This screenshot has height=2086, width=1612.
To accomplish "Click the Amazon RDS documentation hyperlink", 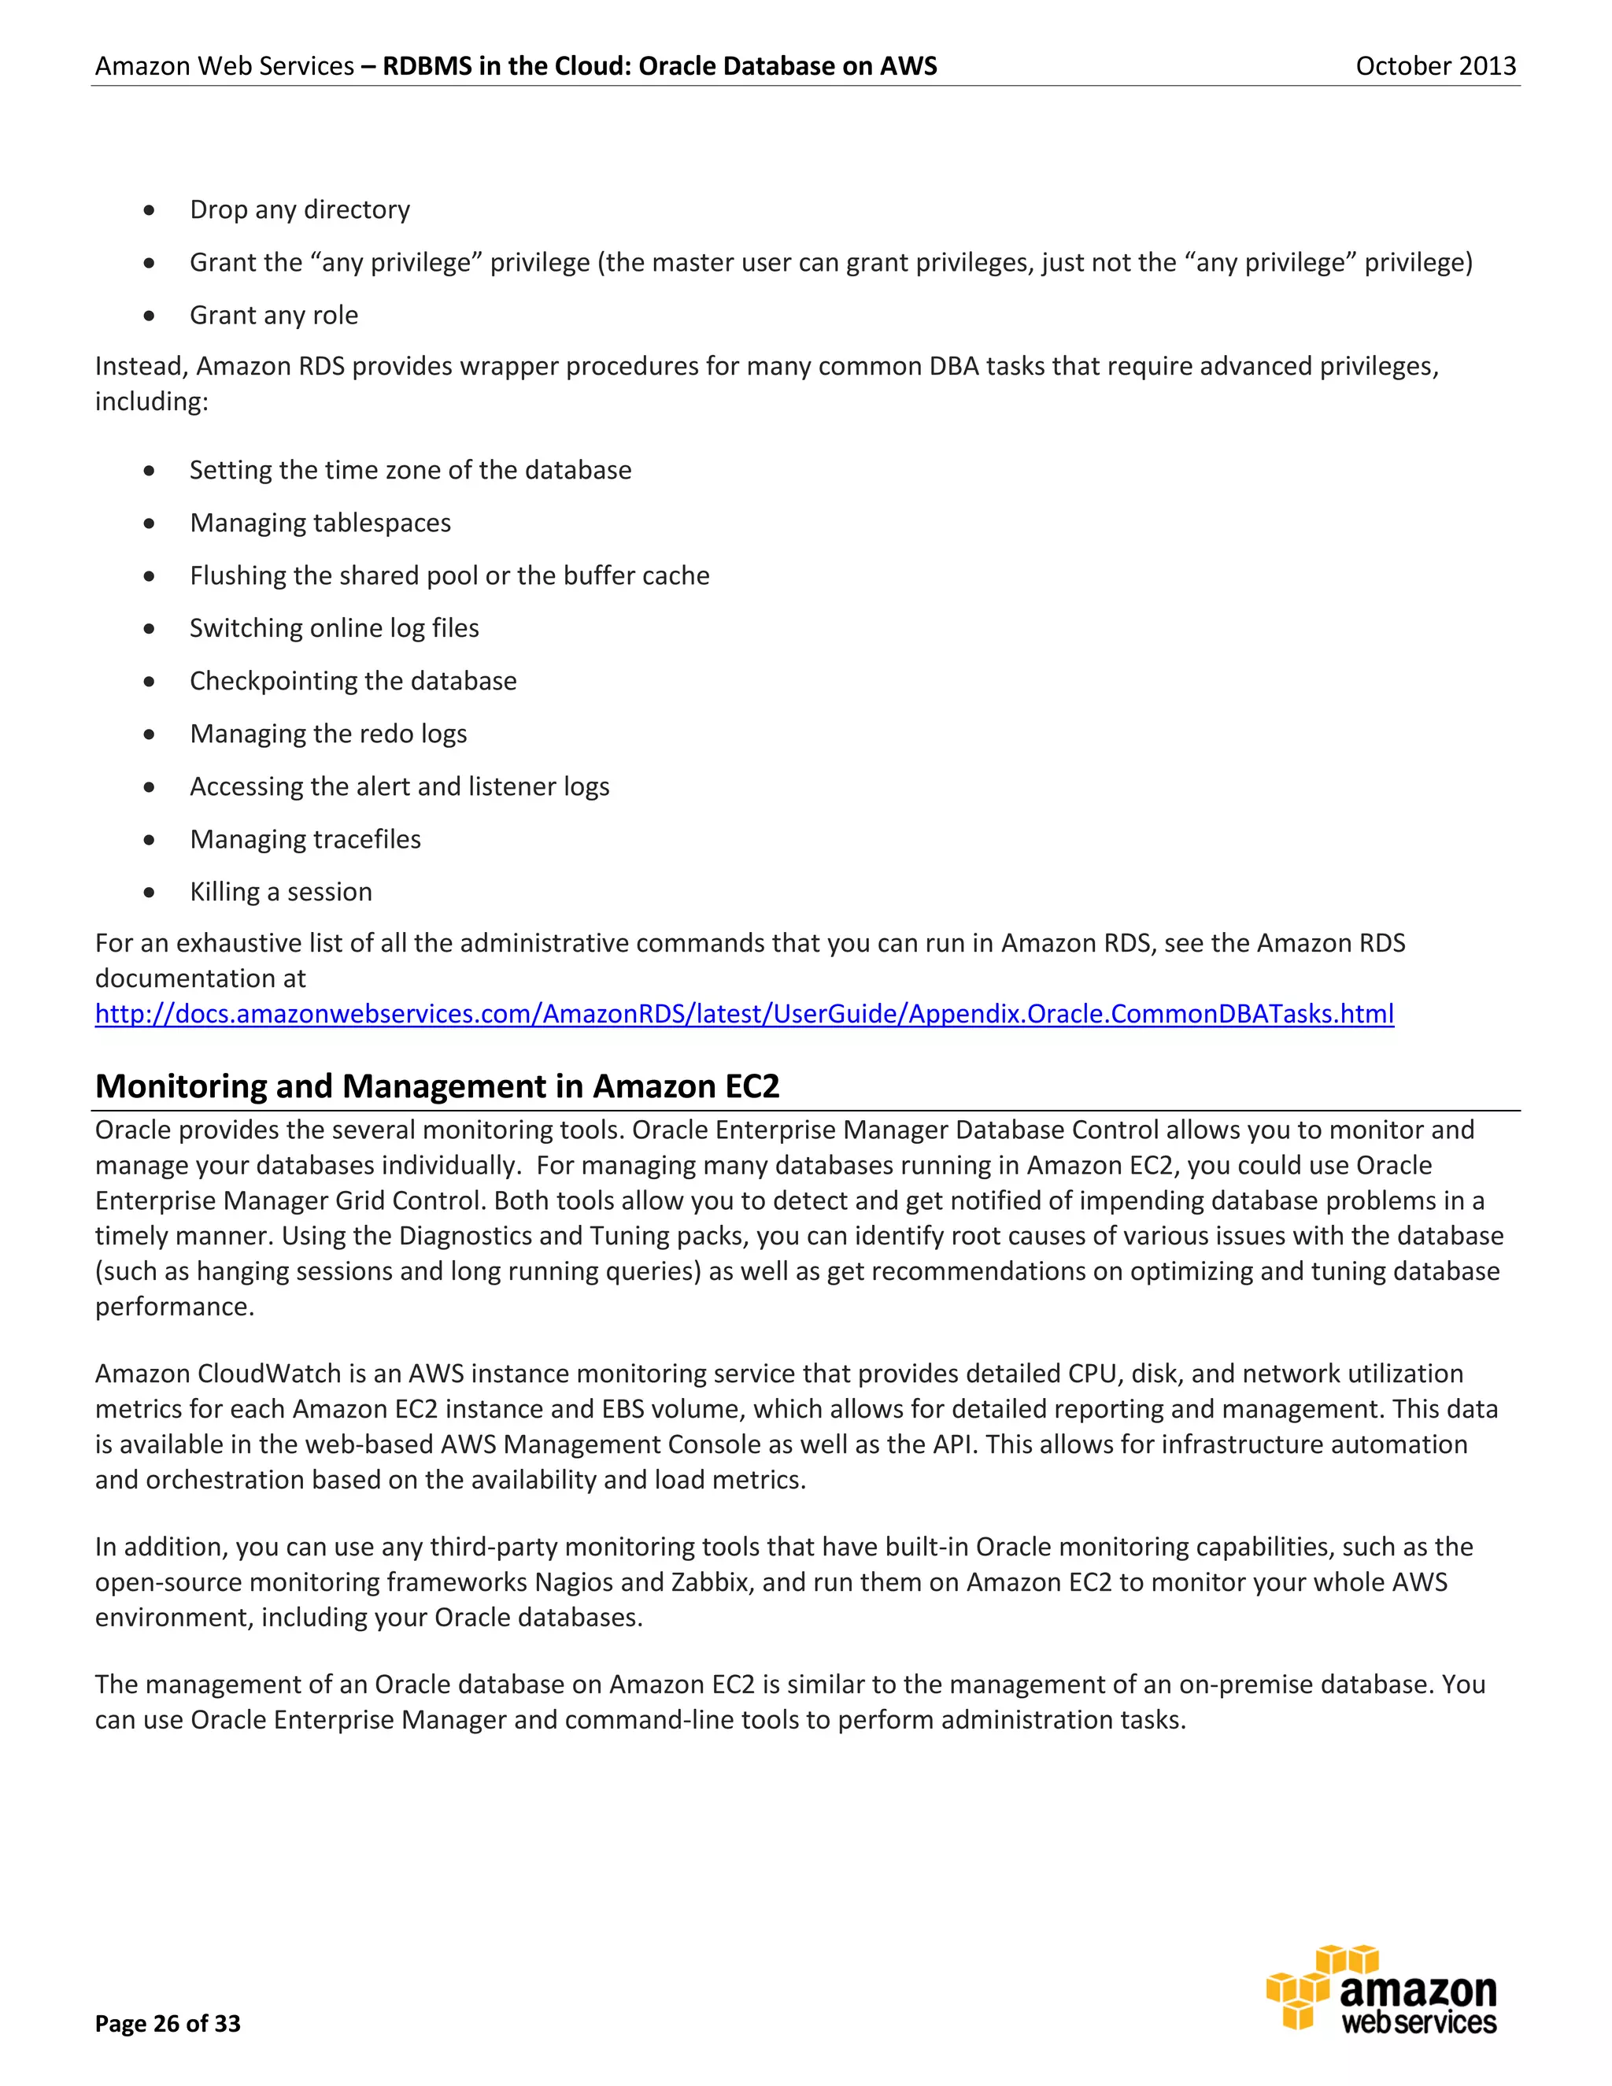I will point(744,1013).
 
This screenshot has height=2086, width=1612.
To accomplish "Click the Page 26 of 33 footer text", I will point(168,2023).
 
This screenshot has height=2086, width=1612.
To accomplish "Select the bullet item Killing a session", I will point(281,891).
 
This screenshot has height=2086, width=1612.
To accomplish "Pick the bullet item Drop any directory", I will point(300,209).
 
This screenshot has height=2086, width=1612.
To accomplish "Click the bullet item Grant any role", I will point(274,315).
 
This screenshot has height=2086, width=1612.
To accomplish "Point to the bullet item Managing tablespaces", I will point(320,523).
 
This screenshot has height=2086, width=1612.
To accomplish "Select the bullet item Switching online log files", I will point(335,627).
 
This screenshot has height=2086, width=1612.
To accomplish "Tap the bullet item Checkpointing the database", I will point(353,681).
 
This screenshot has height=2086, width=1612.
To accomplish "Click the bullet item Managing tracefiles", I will point(305,838).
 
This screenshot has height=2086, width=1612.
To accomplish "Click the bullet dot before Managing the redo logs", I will point(149,734).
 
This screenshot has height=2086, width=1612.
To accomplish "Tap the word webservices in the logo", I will point(1418,2022).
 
